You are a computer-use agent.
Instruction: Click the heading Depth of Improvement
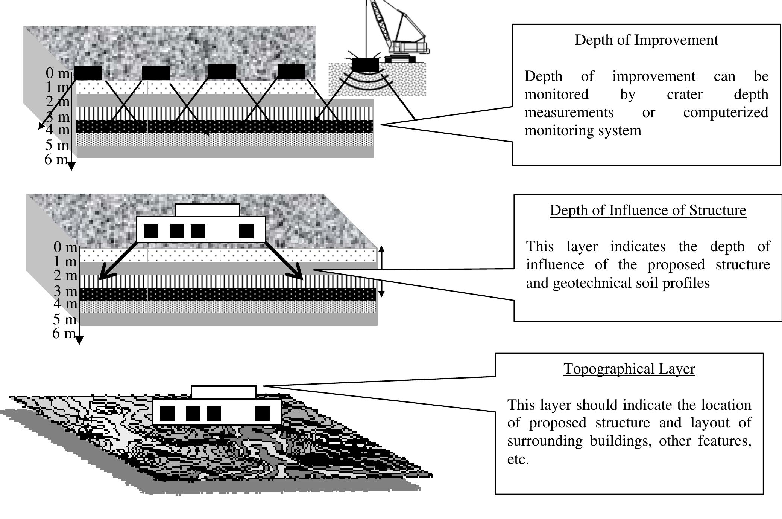[x=646, y=40]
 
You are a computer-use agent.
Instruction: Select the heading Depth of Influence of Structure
[x=648, y=210]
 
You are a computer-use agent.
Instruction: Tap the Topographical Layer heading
[x=629, y=369]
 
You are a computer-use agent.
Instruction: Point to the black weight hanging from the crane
[x=365, y=65]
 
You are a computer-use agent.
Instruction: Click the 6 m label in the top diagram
[x=56, y=160]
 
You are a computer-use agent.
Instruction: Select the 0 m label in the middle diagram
[x=65, y=247]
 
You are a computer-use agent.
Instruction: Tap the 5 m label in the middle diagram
[x=64, y=319]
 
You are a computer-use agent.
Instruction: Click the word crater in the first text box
[x=684, y=95]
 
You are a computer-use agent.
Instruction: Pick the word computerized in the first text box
[x=725, y=113]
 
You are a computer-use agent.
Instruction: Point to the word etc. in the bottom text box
[x=518, y=459]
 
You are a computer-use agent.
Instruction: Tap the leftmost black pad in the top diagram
[x=88, y=73]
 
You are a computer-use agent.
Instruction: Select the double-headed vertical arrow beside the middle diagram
[x=381, y=271]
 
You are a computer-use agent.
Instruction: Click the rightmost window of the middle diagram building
[x=246, y=231]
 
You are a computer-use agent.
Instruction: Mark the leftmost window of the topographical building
[x=167, y=413]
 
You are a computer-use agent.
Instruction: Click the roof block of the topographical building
[x=223, y=392]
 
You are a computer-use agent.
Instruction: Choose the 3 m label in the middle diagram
[x=65, y=291]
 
